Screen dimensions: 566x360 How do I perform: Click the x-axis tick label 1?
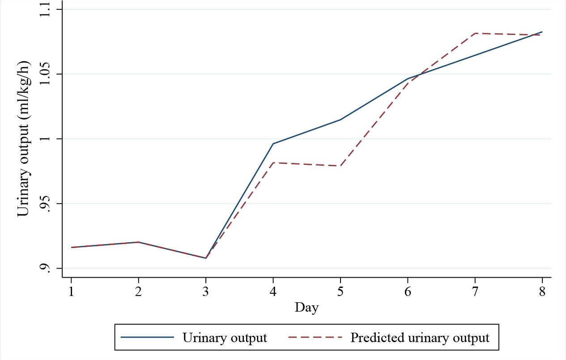pos(71,291)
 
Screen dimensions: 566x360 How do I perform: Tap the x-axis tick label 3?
pos(206,291)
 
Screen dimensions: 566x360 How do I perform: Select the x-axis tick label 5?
pos(340,291)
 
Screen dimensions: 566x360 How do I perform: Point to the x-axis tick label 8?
pos(542,291)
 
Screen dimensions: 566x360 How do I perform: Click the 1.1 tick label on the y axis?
pos(45,9)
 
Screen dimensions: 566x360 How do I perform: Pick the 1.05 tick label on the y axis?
pos(45,74)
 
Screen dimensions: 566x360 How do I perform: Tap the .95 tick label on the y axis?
pos(45,204)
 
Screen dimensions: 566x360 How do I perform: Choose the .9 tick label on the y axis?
pos(45,268)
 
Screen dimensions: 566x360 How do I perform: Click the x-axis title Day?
pos(306,308)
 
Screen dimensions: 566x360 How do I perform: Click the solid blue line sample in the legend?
pos(147,337)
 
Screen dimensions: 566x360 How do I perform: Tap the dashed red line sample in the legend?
pos(315,337)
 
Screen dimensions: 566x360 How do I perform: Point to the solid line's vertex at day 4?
pos(273,144)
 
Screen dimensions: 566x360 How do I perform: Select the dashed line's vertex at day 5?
pos(340,166)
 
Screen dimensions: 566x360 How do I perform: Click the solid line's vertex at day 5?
pos(340,120)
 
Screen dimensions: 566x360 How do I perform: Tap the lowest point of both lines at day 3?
pos(206,258)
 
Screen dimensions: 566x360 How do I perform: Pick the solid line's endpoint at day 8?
pos(542,32)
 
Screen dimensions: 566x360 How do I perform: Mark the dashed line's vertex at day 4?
pos(273,163)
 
